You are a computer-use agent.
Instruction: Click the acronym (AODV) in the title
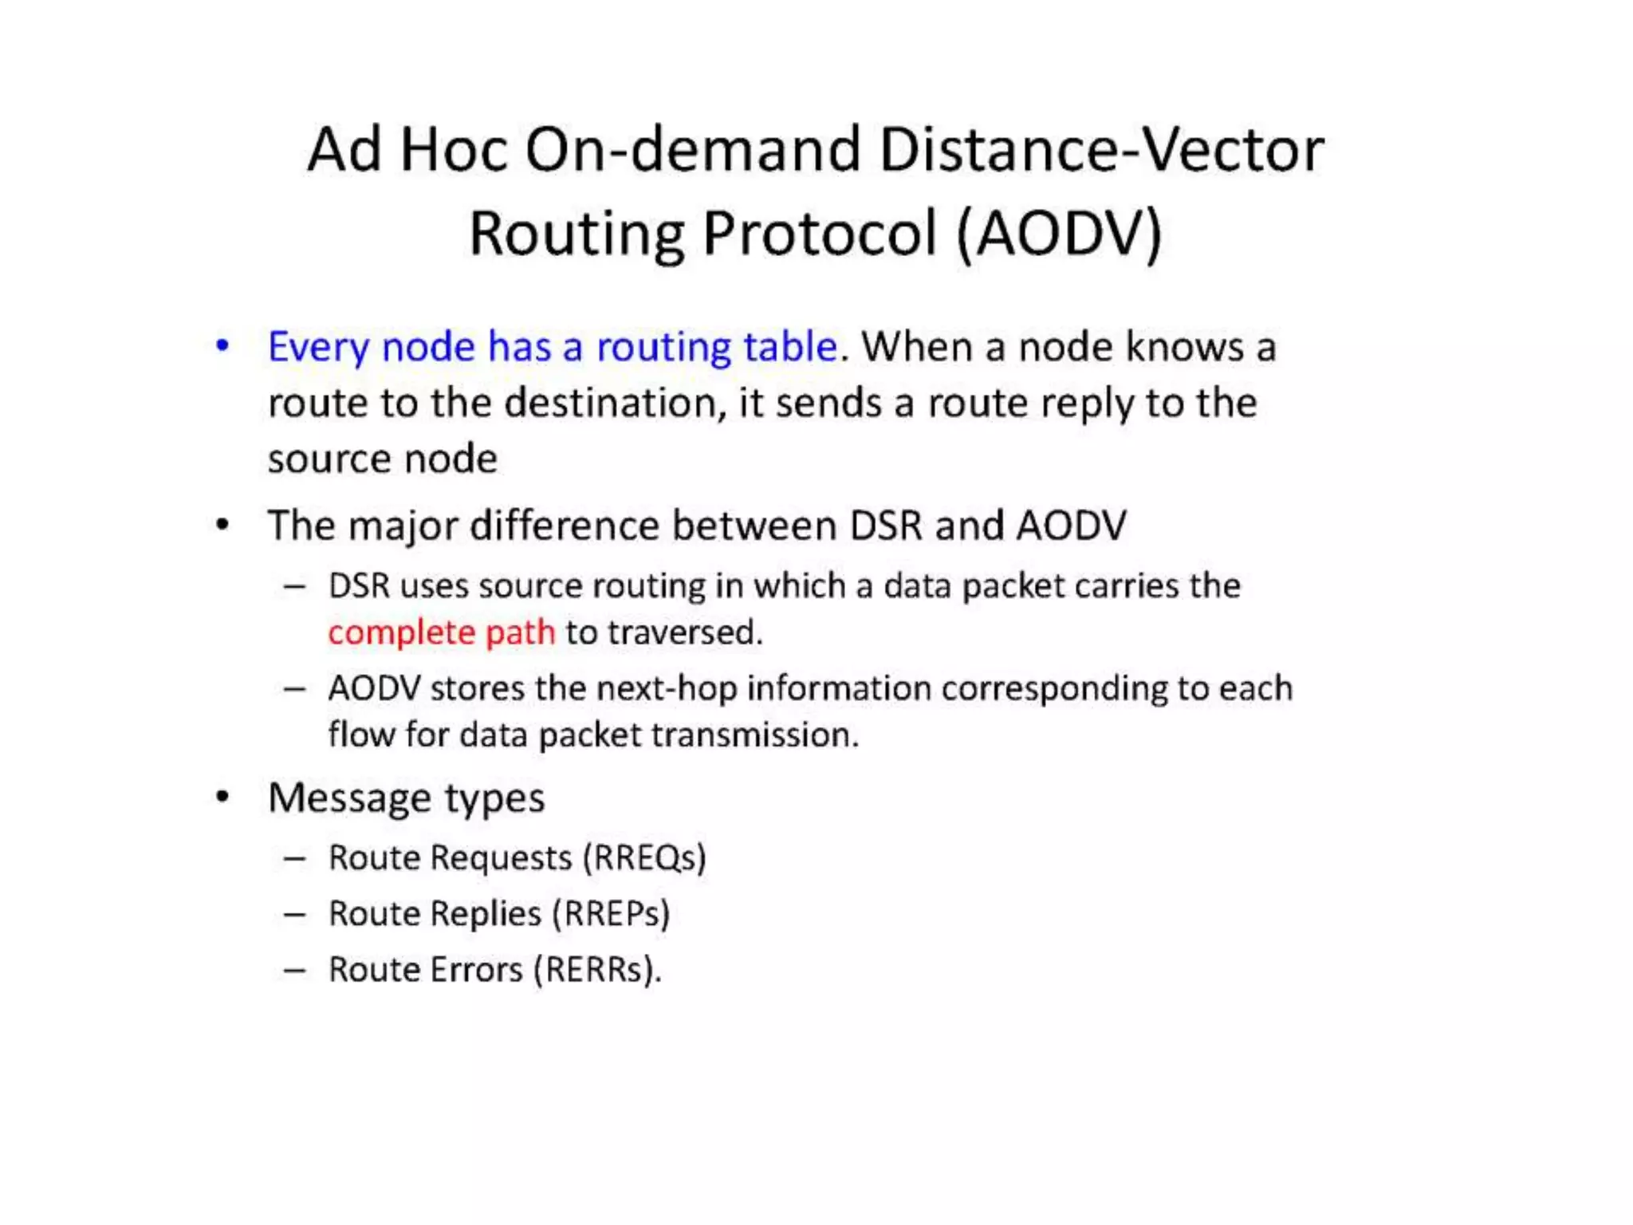[x=1059, y=234]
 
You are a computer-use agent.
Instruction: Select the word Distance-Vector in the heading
[x=1101, y=150]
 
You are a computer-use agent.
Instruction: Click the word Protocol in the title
[x=819, y=234]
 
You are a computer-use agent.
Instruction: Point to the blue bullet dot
[x=222, y=346]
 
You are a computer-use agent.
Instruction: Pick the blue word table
[x=790, y=347]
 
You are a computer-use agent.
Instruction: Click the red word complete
[x=401, y=632]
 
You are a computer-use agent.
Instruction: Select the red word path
[x=520, y=632]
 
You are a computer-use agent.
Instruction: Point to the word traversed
[x=684, y=632]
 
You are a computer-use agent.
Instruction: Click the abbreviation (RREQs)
[x=644, y=858]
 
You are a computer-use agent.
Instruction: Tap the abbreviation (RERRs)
[x=597, y=970]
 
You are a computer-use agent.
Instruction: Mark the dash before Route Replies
[x=294, y=914]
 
